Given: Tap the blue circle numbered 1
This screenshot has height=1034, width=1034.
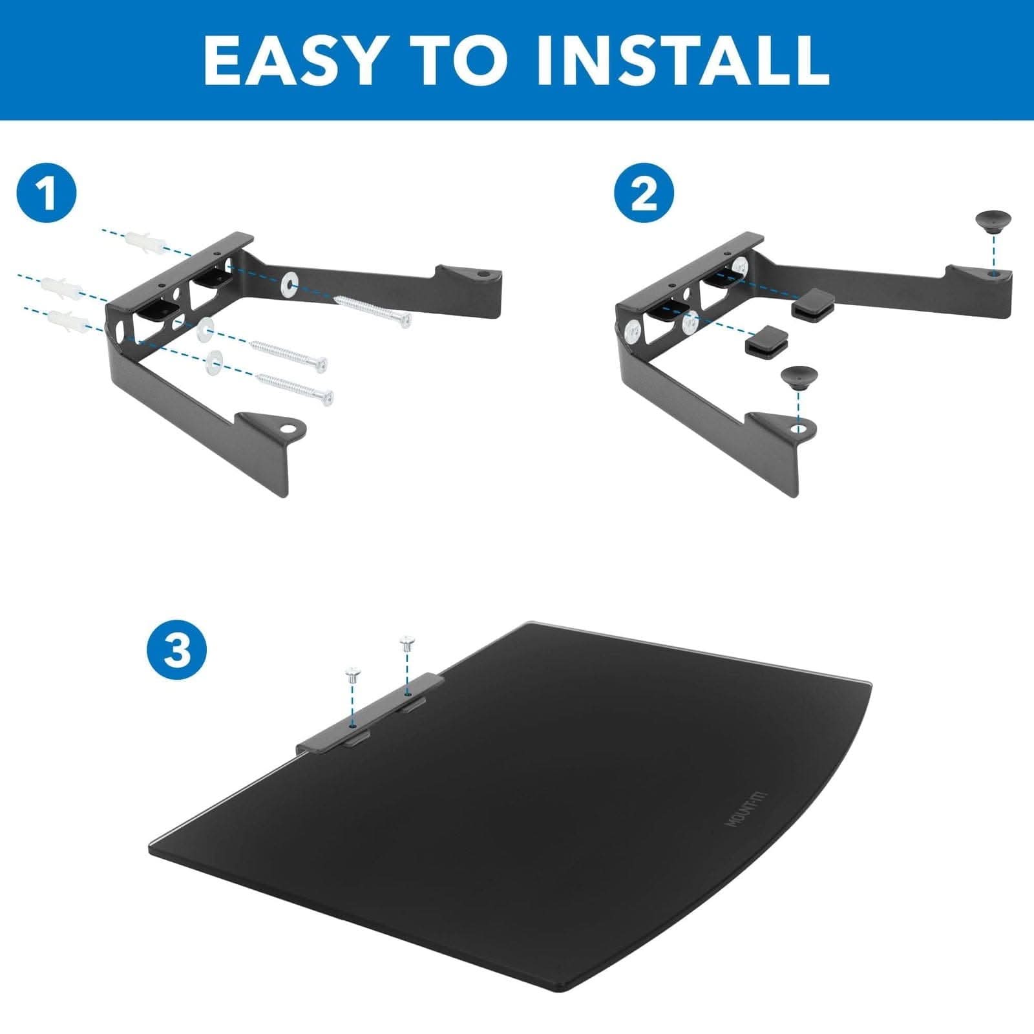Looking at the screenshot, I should click(47, 195).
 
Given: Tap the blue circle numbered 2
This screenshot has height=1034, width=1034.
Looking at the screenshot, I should click(644, 195).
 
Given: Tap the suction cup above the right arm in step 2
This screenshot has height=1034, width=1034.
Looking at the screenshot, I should click(996, 224).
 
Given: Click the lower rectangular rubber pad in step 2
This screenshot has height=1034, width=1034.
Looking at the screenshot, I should click(766, 341).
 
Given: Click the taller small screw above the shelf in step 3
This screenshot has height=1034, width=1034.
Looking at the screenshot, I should click(406, 644).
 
